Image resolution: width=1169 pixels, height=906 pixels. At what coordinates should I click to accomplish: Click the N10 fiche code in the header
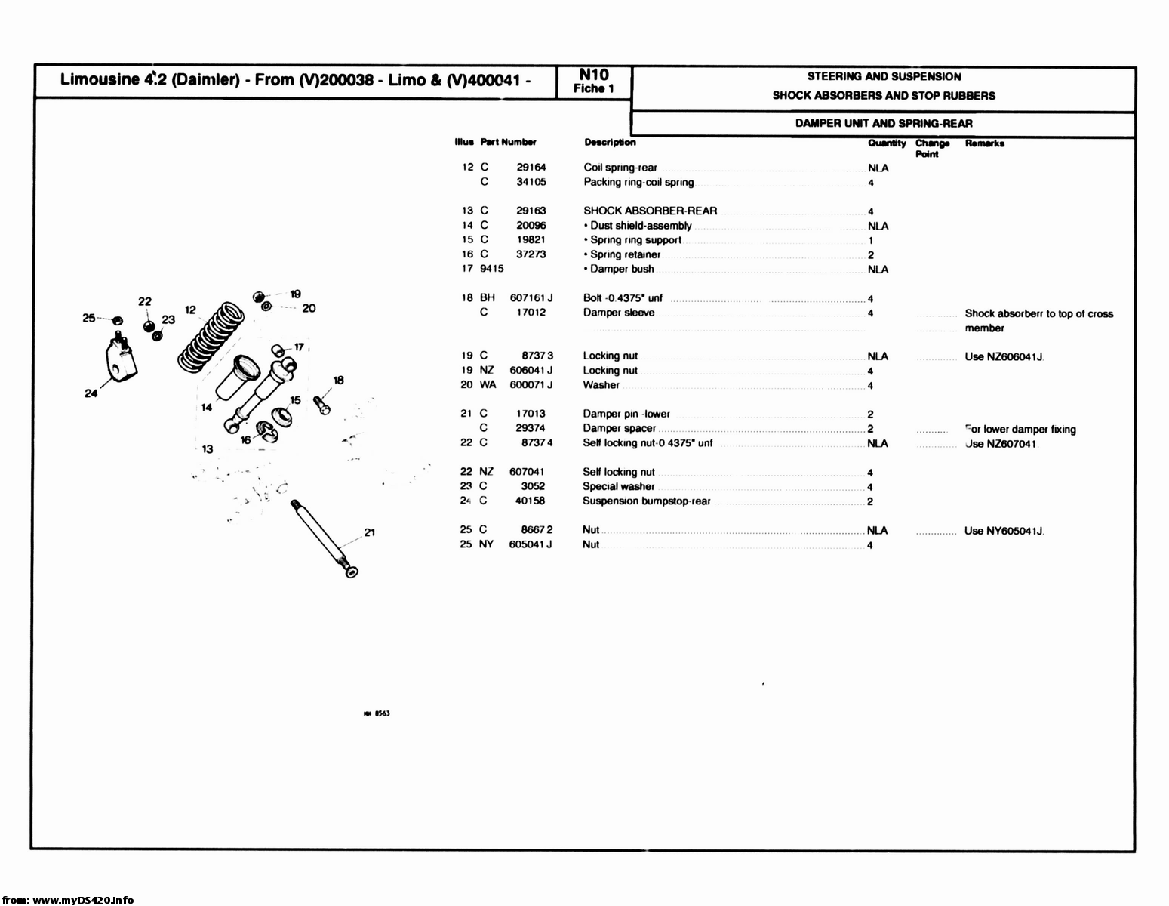pyautogui.click(x=593, y=75)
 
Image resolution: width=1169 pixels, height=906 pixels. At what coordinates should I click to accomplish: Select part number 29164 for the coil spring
pyautogui.click(x=531, y=168)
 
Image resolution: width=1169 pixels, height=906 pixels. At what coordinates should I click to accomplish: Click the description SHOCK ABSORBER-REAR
pyautogui.click(x=650, y=211)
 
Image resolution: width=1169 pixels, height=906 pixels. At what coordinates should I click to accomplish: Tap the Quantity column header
pyautogui.click(x=886, y=143)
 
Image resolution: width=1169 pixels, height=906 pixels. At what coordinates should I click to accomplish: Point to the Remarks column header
pyautogui.click(x=984, y=143)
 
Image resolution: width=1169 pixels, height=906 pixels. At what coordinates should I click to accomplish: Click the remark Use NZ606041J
pyautogui.click(x=1004, y=356)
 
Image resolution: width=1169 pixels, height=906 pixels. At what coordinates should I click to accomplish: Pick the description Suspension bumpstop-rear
pyautogui.click(x=646, y=501)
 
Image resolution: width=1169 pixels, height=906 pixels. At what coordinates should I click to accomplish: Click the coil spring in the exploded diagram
pyautogui.click(x=211, y=334)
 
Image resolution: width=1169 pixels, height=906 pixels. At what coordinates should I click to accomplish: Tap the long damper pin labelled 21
pyautogui.click(x=322, y=537)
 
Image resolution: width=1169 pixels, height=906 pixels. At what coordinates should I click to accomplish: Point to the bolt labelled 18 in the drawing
pyautogui.click(x=320, y=402)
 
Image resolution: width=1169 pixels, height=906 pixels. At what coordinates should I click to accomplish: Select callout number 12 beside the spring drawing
pyautogui.click(x=190, y=310)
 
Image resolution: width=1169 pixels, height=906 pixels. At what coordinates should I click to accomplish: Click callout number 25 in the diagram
pyautogui.click(x=89, y=318)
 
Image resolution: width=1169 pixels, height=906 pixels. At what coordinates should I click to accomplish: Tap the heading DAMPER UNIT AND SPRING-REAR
pyautogui.click(x=883, y=124)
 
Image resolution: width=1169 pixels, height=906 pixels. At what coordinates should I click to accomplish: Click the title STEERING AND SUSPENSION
pyautogui.click(x=884, y=76)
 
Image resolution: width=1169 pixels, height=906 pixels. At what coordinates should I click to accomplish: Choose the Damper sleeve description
pyautogui.click(x=618, y=313)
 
